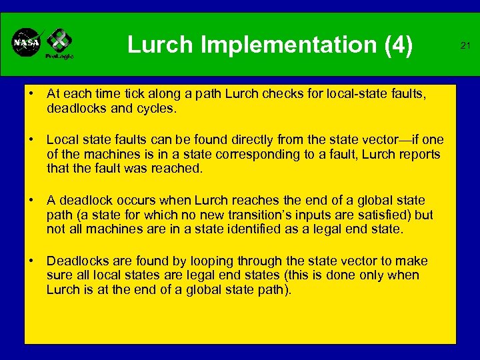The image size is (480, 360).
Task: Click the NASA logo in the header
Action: pyautogui.click(x=27, y=43)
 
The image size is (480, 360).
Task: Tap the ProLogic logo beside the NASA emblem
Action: pyautogui.click(x=59, y=44)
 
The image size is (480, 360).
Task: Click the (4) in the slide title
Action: pyautogui.click(x=397, y=45)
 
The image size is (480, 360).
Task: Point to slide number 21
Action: pyautogui.click(x=466, y=45)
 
